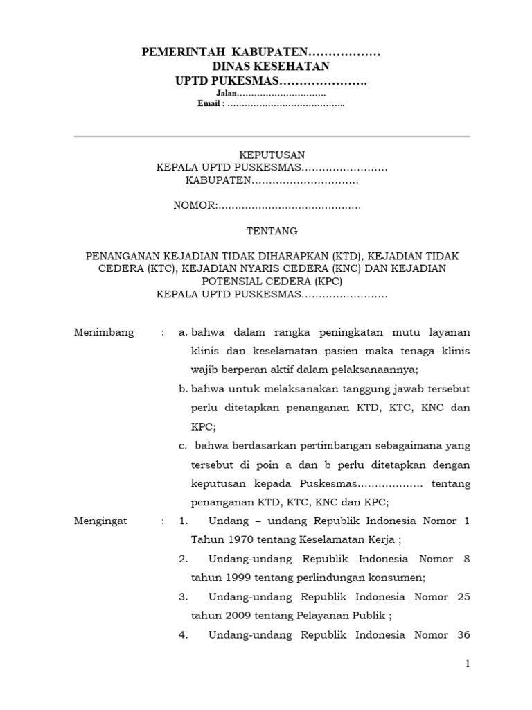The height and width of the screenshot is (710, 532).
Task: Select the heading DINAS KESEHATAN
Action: pyautogui.click(x=271, y=67)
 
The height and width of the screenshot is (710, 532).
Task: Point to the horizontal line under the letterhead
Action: pyautogui.click(x=272, y=137)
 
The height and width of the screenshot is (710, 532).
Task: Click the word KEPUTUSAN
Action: pyautogui.click(x=272, y=155)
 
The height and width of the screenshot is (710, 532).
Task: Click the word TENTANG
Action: pyautogui.click(x=272, y=231)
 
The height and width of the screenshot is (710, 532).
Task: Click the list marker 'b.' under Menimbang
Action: pyautogui.click(x=184, y=390)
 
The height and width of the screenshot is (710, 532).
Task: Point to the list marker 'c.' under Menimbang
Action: pyautogui.click(x=184, y=446)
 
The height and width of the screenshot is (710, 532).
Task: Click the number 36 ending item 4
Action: pyautogui.click(x=463, y=634)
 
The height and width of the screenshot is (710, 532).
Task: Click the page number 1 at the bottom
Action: pyautogui.click(x=468, y=664)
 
